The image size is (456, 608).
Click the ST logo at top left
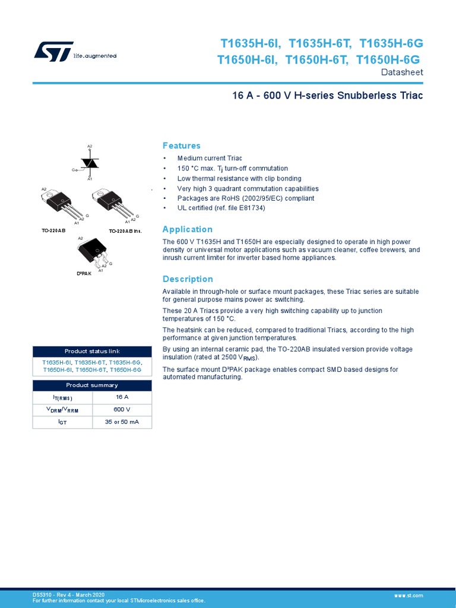coord(53,51)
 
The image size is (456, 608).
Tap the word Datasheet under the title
coord(401,72)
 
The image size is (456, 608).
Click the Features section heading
coord(182,146)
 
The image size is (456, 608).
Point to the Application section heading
coord(188,230)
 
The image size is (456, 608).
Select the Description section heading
coord(188,279)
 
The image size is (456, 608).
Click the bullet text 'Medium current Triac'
coord(210,159)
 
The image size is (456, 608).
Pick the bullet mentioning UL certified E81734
coord(221,208)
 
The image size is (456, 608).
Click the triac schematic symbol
coord(90,162)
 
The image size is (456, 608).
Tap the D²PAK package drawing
coord(93,251)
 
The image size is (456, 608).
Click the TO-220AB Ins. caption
coord(125,230)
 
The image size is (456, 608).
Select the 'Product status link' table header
coord(92,351)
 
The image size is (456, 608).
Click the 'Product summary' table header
coord(92,385)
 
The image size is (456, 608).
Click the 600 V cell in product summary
coord(122,410)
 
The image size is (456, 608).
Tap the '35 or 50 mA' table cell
coord(122,422)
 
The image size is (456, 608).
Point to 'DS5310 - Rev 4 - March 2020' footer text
coord(68,594)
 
